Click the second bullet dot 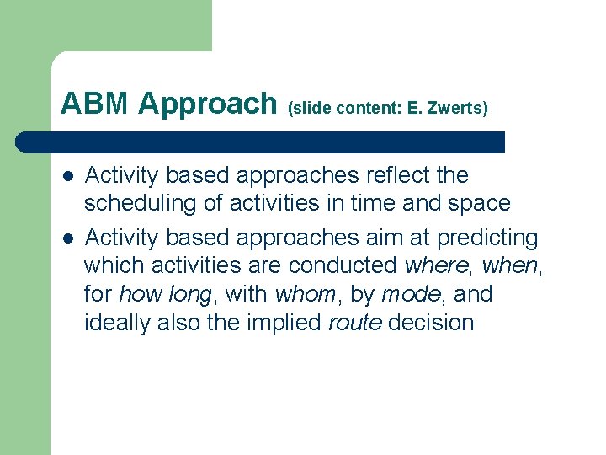(x=66, y=239)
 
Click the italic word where (x=437, y=265)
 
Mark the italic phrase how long (x=165, y=295)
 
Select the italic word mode (x=410, y=295)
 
